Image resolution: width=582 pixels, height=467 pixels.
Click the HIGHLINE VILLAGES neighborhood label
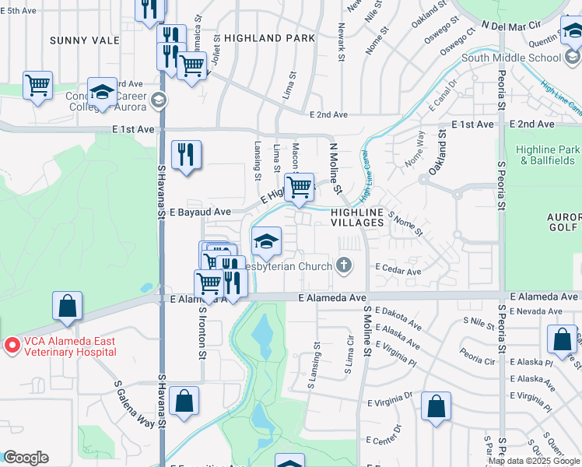click(357, 217)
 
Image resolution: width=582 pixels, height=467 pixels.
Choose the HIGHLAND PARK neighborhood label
click(269, 37)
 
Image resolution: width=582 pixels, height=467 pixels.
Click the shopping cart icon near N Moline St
click(299, 187)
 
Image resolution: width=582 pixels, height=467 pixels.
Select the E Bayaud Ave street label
click(200, 212)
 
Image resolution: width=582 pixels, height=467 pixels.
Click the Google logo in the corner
click(26, 458)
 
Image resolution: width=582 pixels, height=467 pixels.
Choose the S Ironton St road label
click(203, 333)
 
